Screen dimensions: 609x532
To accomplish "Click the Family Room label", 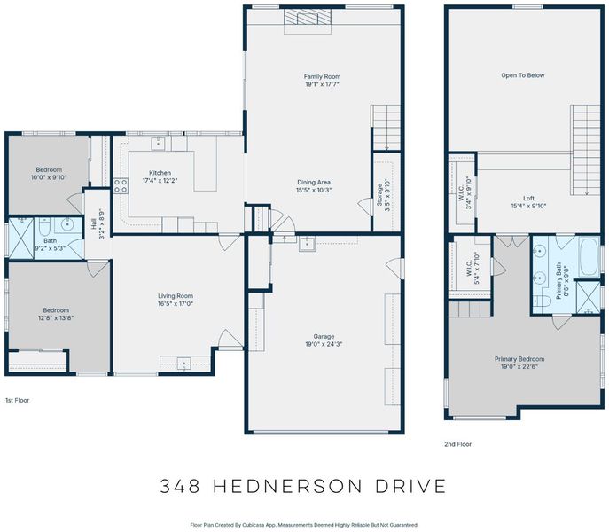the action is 322,76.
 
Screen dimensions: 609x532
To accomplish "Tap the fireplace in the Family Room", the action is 308,21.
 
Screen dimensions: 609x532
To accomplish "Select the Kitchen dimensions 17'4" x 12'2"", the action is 160,181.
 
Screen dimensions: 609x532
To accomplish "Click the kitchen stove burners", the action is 121,185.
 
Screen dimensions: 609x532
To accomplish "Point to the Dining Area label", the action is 314,183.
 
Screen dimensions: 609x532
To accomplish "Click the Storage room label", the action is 379,194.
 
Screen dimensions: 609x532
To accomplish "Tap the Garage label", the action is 324,337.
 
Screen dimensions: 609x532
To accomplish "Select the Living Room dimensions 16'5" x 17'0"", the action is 176,304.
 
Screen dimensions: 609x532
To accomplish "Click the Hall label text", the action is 94,223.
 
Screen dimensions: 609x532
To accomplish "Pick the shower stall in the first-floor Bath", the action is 21,239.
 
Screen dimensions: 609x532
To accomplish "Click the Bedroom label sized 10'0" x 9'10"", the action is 49,170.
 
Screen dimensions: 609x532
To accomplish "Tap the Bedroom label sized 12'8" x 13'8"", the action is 56,310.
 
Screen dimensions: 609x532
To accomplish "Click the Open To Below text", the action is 523,75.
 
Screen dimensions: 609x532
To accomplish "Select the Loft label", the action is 528,199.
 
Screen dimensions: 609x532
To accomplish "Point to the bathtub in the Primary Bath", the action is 589,257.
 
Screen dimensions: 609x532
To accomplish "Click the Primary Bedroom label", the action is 519,359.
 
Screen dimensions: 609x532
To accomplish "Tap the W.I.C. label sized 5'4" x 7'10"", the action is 469,268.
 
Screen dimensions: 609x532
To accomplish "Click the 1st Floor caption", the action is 17,400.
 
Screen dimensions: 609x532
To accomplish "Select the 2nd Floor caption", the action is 458,444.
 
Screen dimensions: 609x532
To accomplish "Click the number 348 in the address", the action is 181,486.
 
